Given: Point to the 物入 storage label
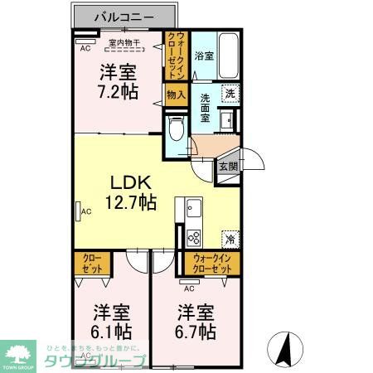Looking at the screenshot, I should (175, 95).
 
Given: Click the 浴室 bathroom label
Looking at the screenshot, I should (204, 56).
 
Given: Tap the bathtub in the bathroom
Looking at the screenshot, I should (229, 56).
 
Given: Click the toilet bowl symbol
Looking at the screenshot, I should (175, 128).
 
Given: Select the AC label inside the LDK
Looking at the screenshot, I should (85, 212).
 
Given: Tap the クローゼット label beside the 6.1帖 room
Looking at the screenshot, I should (90, 264).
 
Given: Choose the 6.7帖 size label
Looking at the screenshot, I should (196, 322).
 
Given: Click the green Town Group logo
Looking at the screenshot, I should (16, 352).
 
